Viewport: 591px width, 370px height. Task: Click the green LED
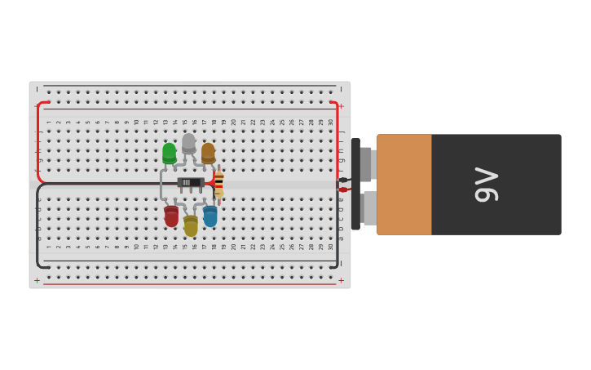169,153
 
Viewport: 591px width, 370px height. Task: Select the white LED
188,143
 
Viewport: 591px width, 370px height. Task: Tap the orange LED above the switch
208,152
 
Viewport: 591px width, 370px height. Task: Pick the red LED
171,216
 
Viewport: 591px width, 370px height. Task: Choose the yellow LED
191,225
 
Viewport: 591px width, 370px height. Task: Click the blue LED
210,216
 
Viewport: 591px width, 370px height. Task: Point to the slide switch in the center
191,183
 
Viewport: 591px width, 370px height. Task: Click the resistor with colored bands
218,185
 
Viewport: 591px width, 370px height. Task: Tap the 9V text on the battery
486,185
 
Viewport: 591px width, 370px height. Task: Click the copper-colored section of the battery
404,185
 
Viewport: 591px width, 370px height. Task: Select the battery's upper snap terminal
365,163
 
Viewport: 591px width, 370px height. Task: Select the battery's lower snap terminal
368,208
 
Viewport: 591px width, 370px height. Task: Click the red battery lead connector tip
343,189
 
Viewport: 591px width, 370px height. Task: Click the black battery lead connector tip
343,180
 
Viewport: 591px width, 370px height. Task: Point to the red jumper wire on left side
38,143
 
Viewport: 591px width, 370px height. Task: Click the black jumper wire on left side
37,229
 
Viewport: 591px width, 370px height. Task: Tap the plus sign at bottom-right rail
341,280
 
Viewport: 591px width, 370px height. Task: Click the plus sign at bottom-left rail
37,280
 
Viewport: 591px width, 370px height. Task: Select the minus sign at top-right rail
341,89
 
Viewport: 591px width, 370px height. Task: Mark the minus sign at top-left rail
37,89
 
